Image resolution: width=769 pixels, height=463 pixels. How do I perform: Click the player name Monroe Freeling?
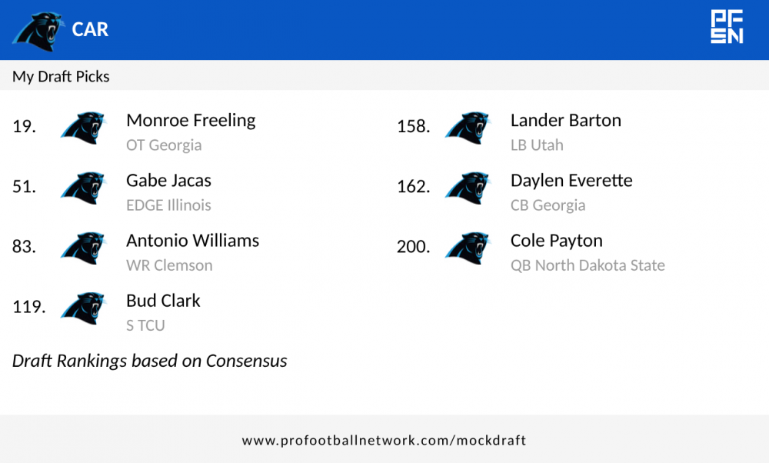click(191, 121)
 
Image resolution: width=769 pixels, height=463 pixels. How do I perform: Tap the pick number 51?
click(24, 186)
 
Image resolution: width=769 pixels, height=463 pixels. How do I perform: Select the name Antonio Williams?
click(192, 241)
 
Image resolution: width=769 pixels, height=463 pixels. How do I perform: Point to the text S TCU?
click(145, 325)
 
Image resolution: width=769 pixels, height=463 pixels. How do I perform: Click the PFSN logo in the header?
click(726, 27)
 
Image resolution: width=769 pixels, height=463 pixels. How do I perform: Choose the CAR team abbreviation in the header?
click(90, 29)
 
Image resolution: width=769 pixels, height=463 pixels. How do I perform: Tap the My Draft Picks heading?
click(61, 76)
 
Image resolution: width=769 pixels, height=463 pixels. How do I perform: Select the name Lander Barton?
click(565, 121)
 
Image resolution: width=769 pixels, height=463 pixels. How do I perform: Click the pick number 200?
click(413, 247)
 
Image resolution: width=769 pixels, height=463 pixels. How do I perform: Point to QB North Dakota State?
click(588, 265)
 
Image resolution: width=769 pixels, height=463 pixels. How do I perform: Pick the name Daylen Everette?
click(571, 181)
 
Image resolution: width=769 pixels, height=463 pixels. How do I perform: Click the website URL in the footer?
click(384, 441)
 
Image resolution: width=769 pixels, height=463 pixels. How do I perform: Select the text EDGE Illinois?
click(168, 205)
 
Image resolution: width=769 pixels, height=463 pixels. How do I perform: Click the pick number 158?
click(413, 126)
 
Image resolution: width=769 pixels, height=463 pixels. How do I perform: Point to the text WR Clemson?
click(169, 265)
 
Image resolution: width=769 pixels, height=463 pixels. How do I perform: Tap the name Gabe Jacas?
click(168, 181)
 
